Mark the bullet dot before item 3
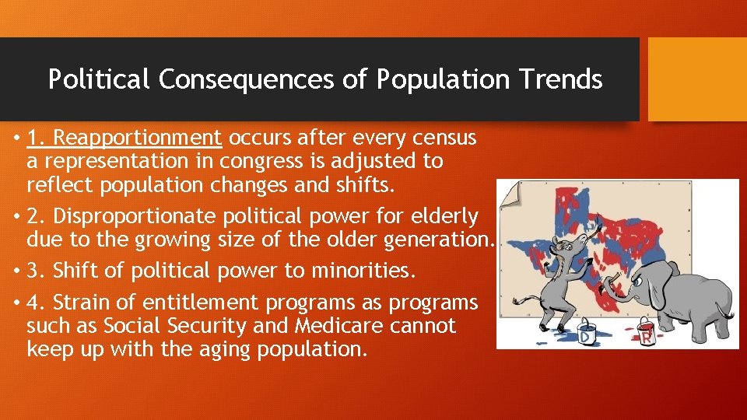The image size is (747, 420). [16, 271]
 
